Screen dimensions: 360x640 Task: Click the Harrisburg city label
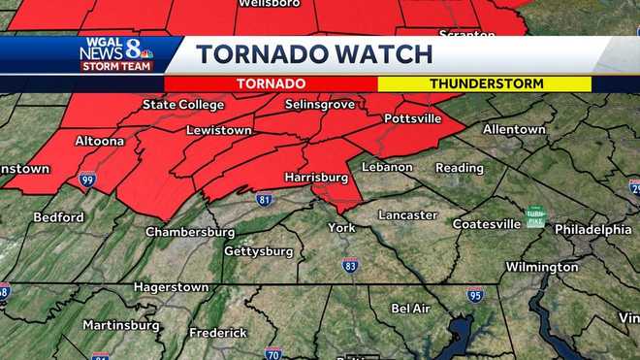pyautogui.click(x=316, y=178)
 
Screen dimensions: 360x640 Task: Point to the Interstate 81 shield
pyautogui.click(x=264, y=199)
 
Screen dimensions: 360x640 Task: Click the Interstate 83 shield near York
pyautogui.click(x=350, y=264)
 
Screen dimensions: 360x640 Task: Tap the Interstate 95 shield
pyautogui.click(x=474, y=295)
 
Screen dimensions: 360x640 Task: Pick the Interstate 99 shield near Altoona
pyautogui.click(x=87, y=180)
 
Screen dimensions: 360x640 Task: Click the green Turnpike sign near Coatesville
pyautogui.click(x=535, y=216)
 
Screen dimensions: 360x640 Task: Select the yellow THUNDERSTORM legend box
pyautogui.click(x=484, y=84)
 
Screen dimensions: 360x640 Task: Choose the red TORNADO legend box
pyautogui.click(x=271, y=84)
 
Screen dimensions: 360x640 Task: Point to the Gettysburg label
pyautogui.click(x=259, y=251)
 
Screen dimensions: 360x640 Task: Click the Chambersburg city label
pyautogui.click(x=190, y=232)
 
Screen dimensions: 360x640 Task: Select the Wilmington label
pyautogui.click(x=542, y=266)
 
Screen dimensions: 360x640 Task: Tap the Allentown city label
pyautogui.click(x=515, y=128)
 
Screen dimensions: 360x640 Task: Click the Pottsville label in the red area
pyautogui.click(x=412, y=118)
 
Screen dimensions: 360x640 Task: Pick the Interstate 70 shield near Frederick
pyautogui.click(x=273, y=353)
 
